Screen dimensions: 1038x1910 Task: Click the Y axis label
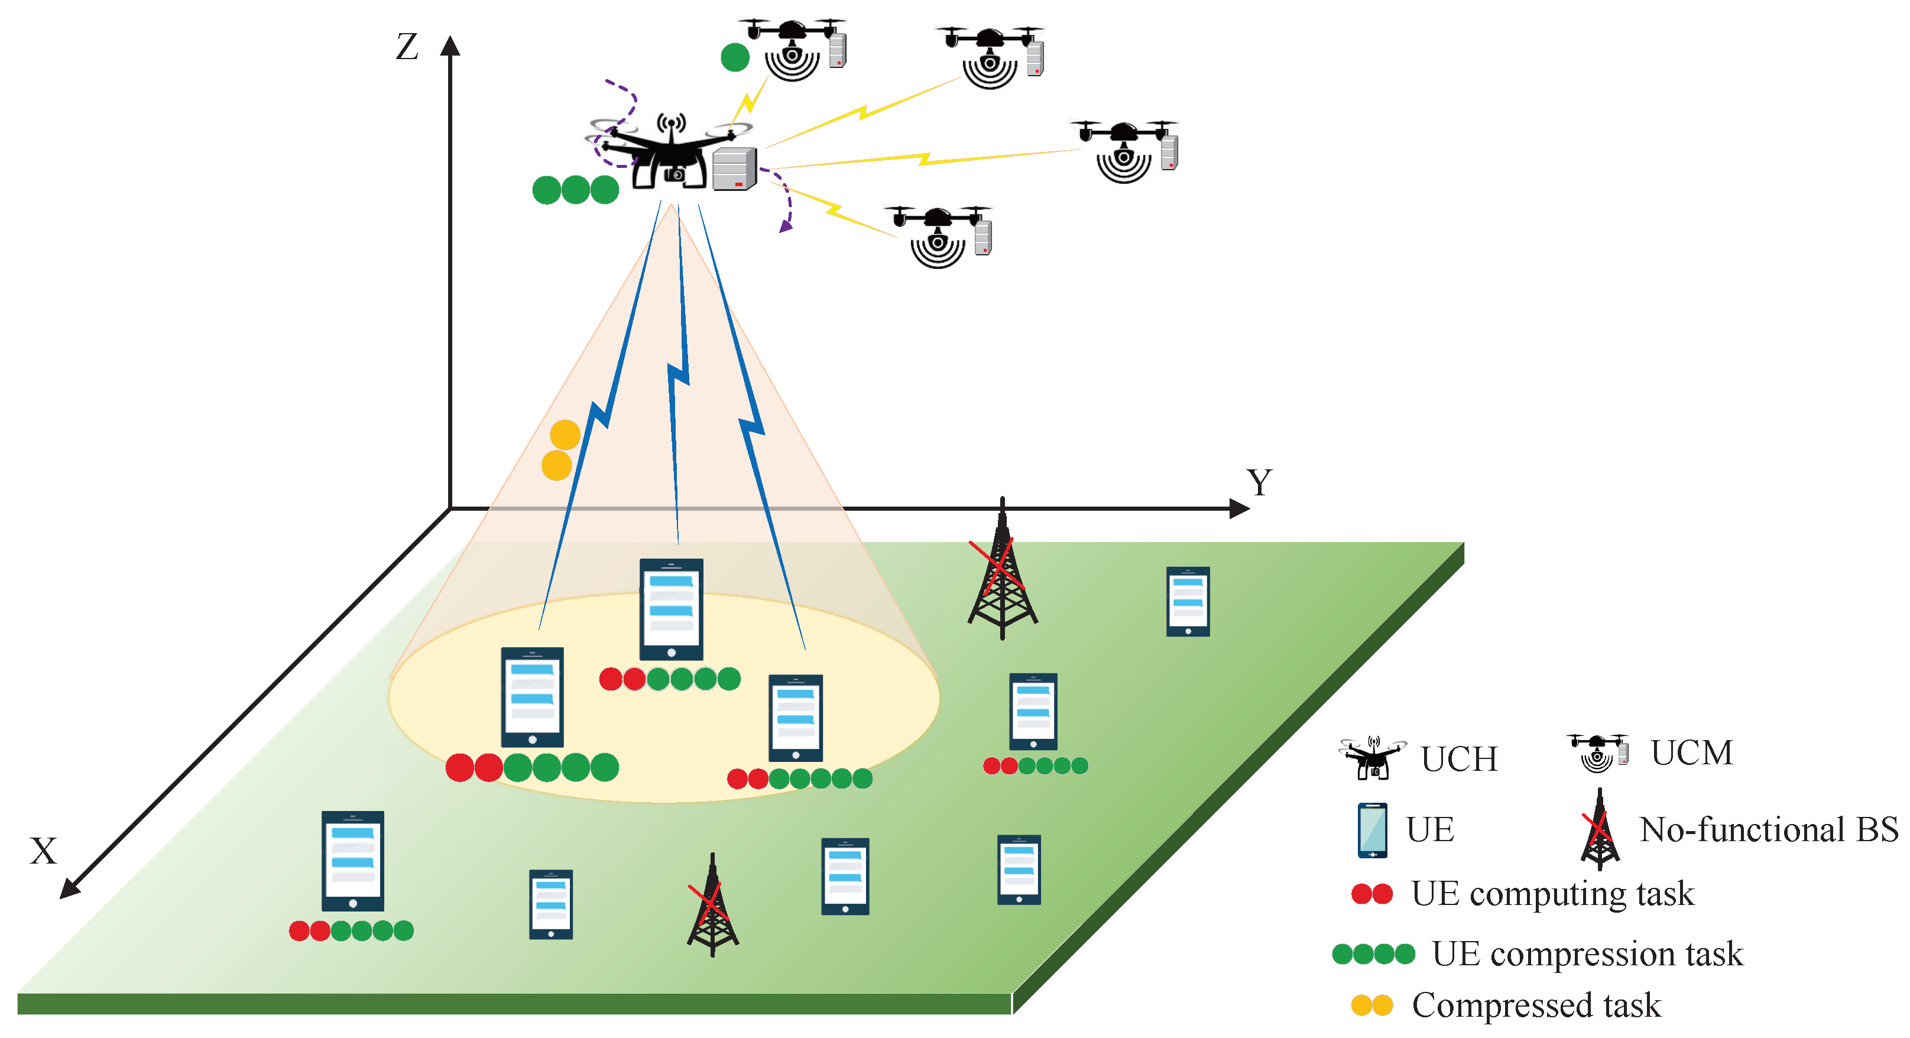(1258, 484)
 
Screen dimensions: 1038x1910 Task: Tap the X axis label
(43, 851)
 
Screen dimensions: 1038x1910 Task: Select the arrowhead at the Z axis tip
(450, 46)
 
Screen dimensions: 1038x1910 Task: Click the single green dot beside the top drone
(735, 57)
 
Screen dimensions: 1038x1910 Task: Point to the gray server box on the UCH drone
(734, 169)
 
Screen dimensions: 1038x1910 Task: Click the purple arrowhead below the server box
(785, 226)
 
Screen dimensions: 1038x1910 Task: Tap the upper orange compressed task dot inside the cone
(565, 435)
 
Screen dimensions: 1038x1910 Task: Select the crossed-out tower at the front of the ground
(712, 906)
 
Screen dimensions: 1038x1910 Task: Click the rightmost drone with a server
(1126, 150)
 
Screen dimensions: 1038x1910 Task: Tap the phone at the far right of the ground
(1188, 601)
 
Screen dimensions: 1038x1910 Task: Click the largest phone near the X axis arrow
(353, 861)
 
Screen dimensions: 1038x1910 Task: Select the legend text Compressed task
(1536, 1005)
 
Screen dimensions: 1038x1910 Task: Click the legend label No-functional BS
(1768, 831)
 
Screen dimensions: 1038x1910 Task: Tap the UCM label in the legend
(1691, 753)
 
